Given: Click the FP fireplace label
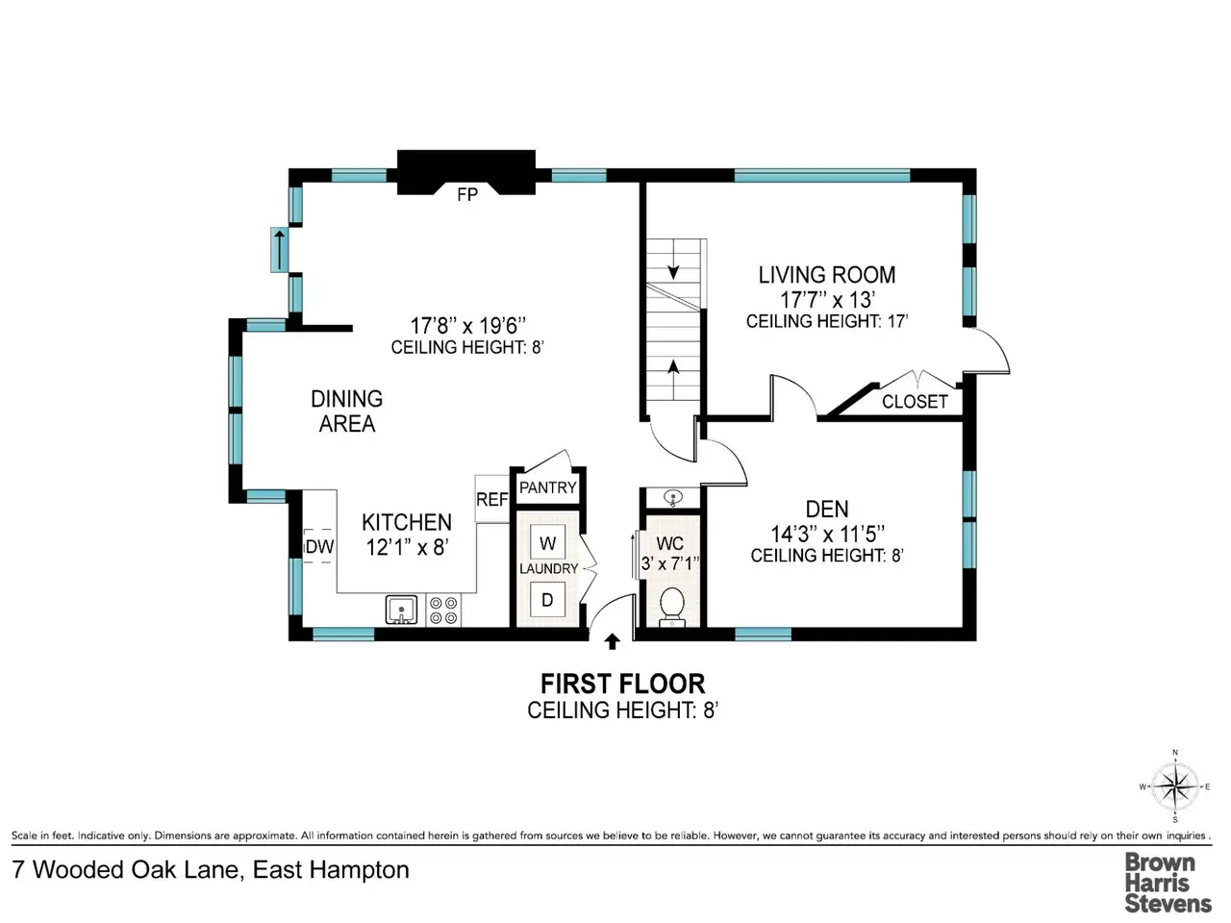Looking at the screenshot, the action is click(467, 194).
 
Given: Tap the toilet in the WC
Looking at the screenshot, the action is click(672, 607).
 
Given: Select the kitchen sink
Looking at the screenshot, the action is click(401, 610).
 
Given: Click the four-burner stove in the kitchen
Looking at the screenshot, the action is click(443, 611).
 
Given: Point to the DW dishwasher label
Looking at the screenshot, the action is click(319, 546).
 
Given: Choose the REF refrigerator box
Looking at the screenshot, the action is click(491, 499).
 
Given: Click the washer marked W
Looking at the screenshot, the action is click(547, 543).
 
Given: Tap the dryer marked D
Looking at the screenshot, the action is click(547, 600).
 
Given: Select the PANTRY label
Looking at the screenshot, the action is click(548, 487).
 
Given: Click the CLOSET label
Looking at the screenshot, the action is click(915, 401).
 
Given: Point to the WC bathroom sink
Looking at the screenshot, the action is click(672, 496).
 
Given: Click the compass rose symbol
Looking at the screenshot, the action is click(1175, 786).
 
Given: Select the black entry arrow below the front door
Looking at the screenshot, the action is click(613, 641).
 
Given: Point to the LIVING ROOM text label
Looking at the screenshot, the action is click(827, 275).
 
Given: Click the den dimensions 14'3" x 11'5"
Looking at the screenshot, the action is click(827, 534).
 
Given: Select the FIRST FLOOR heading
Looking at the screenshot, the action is click(622, 685).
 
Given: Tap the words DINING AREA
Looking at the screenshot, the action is click(347, 412).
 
